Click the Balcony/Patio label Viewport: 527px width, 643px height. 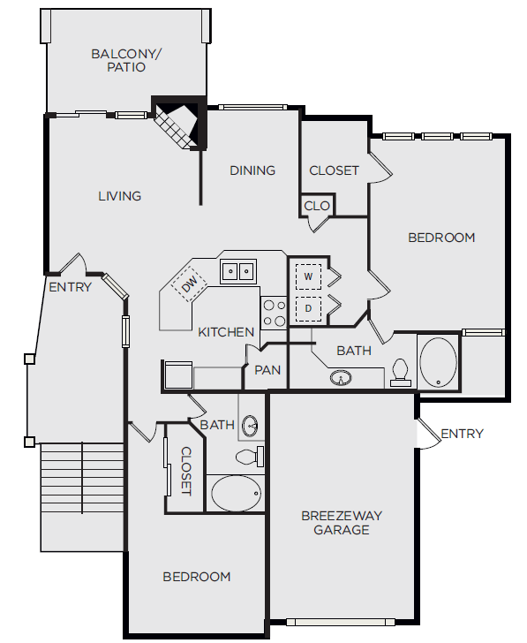[126, 61]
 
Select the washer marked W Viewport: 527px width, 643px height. [308, 276]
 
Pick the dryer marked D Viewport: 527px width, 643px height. [308, 308]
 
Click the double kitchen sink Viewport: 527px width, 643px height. [237, 270]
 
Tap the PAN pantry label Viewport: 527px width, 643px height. [267, 370]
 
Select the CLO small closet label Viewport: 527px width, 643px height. [317, 206]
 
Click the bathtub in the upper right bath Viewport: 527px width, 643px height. [439, 361]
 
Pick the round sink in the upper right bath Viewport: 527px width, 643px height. [342, 379]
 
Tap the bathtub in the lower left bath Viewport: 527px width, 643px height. [236, 493]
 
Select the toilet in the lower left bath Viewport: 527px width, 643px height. [250, 457]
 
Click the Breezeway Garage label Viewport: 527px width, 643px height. [335, 522]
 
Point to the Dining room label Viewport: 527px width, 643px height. [252, 170]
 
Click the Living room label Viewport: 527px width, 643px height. [119, 195]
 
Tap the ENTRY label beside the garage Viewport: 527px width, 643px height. [462, 434]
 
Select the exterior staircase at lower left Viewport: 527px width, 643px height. [81, 495]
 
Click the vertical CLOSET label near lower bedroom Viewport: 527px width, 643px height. [186, 470]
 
